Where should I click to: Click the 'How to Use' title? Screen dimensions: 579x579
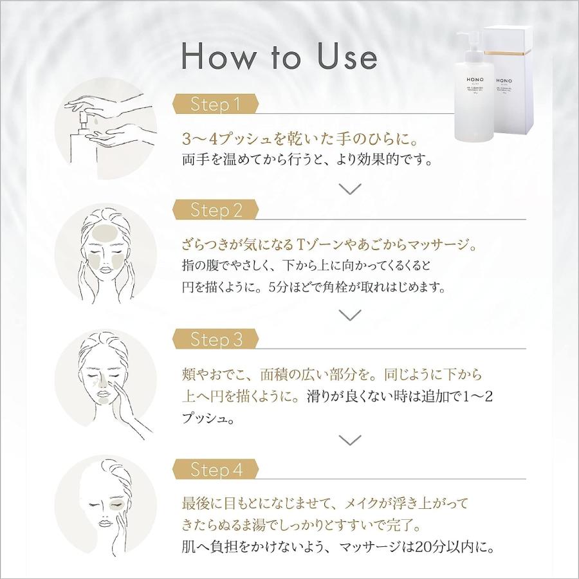pos(279,57)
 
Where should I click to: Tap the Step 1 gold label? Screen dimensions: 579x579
pos(216,104)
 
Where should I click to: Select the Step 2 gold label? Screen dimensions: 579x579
pos(216,210)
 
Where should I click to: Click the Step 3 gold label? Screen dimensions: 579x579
pos(216,340)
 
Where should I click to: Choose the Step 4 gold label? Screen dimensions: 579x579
pos(216,470)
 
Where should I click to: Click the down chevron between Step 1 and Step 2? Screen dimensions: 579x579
pos(350,189)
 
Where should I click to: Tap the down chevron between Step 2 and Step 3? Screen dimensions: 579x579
pos(350,315)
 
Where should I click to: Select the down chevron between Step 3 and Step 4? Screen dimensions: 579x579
pos(350,441)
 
